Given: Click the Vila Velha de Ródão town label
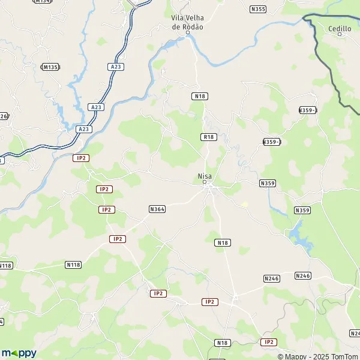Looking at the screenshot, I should coord(187,22).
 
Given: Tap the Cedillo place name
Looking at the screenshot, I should coord(340,28).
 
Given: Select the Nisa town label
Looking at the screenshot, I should coord(205,176).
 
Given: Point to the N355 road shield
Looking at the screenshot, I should coord(258,9).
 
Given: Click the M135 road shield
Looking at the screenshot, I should coord(50,67).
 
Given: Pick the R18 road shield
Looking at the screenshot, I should coord(208,137).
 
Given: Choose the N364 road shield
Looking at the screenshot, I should coord(157,209).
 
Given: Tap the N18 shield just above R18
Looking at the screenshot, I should coord(199,96).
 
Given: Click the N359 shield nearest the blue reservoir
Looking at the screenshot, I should coord(302,210).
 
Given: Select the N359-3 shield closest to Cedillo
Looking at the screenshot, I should coord(308,110).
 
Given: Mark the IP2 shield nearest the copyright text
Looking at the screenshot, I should coord(269,342).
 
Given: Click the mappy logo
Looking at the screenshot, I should coord(19,353).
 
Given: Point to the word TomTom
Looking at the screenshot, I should coord(344,354).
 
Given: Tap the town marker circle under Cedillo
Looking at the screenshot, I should coord(340,35).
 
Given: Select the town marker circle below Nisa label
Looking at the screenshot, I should coord(205,182).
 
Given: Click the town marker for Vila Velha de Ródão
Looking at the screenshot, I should coord(187,33).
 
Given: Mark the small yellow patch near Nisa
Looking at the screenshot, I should coord(244,205).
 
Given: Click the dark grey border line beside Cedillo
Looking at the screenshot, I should coord(329,66).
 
